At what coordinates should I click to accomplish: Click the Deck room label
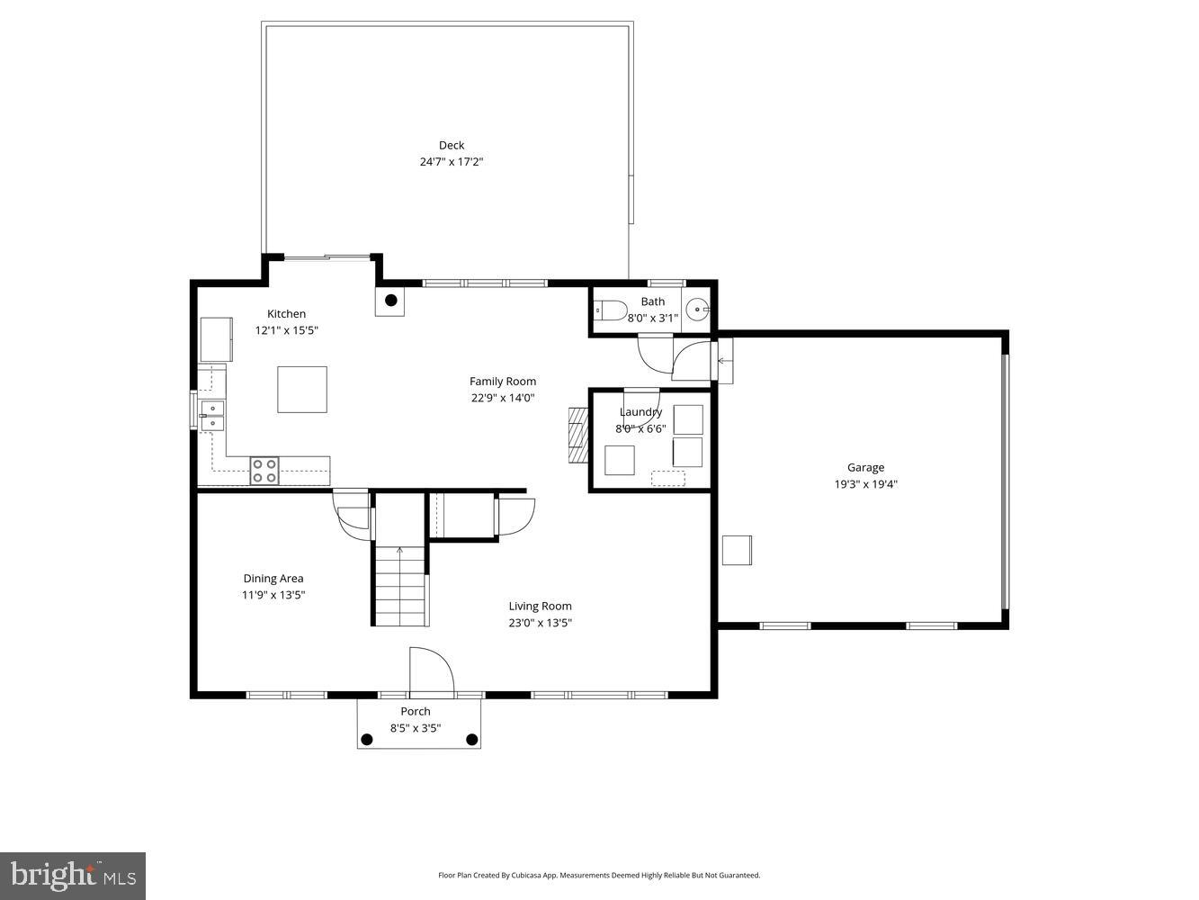[x=452, y=145]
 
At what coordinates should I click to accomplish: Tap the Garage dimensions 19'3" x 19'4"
[x=865, y=484]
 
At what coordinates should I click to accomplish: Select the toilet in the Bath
[x=611, y=310]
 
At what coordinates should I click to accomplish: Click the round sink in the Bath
[x=698, y=310]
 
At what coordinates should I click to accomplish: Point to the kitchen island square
[x=302, y=389]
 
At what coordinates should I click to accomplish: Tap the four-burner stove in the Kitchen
[x=264, y=471]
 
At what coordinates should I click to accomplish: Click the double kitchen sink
[x=212, y=416]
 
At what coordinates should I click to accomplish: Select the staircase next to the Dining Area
[x=400, y=585]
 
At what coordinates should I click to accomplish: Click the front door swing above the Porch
[x=430, y=672]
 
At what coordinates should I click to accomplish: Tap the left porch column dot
[x=366, y=740]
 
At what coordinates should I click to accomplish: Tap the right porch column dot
[x=471, y=740]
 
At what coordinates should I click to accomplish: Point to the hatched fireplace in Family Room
[x=577, y=435]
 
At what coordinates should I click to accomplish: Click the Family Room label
[x=503, y=381]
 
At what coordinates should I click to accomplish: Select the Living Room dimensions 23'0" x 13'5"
[x=540, y=623]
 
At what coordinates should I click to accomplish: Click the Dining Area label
[x=273, y=579]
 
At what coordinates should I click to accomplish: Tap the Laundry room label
[x=640, y=412]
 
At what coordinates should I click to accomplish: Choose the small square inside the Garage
[x=737, y=550]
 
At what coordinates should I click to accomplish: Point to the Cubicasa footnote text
[x=599, y=875]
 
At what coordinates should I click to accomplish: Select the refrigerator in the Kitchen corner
[x=216, y=339]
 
